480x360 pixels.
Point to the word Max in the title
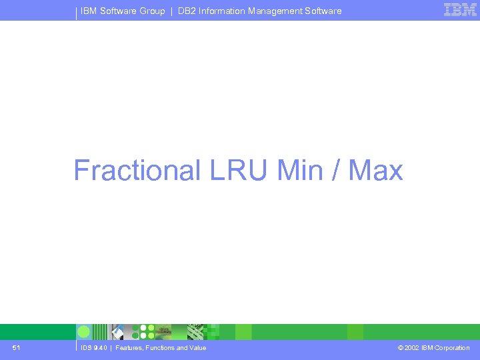[x=376, y=170]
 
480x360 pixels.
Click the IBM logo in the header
[x=460, y=9]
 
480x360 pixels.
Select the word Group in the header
[x=152, y=11]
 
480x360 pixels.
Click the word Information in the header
[x=223, y=11]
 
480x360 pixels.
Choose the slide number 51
[x=16, y=348]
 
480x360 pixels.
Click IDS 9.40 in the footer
[x=93, y=348]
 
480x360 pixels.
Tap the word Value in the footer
[x=197, y=348]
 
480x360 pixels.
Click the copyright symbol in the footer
[x=400, y=348]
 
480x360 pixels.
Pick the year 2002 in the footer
[x=411, y=348]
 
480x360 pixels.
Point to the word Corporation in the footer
[x=452, y=348]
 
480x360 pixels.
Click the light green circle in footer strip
[x=84, y=332]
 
